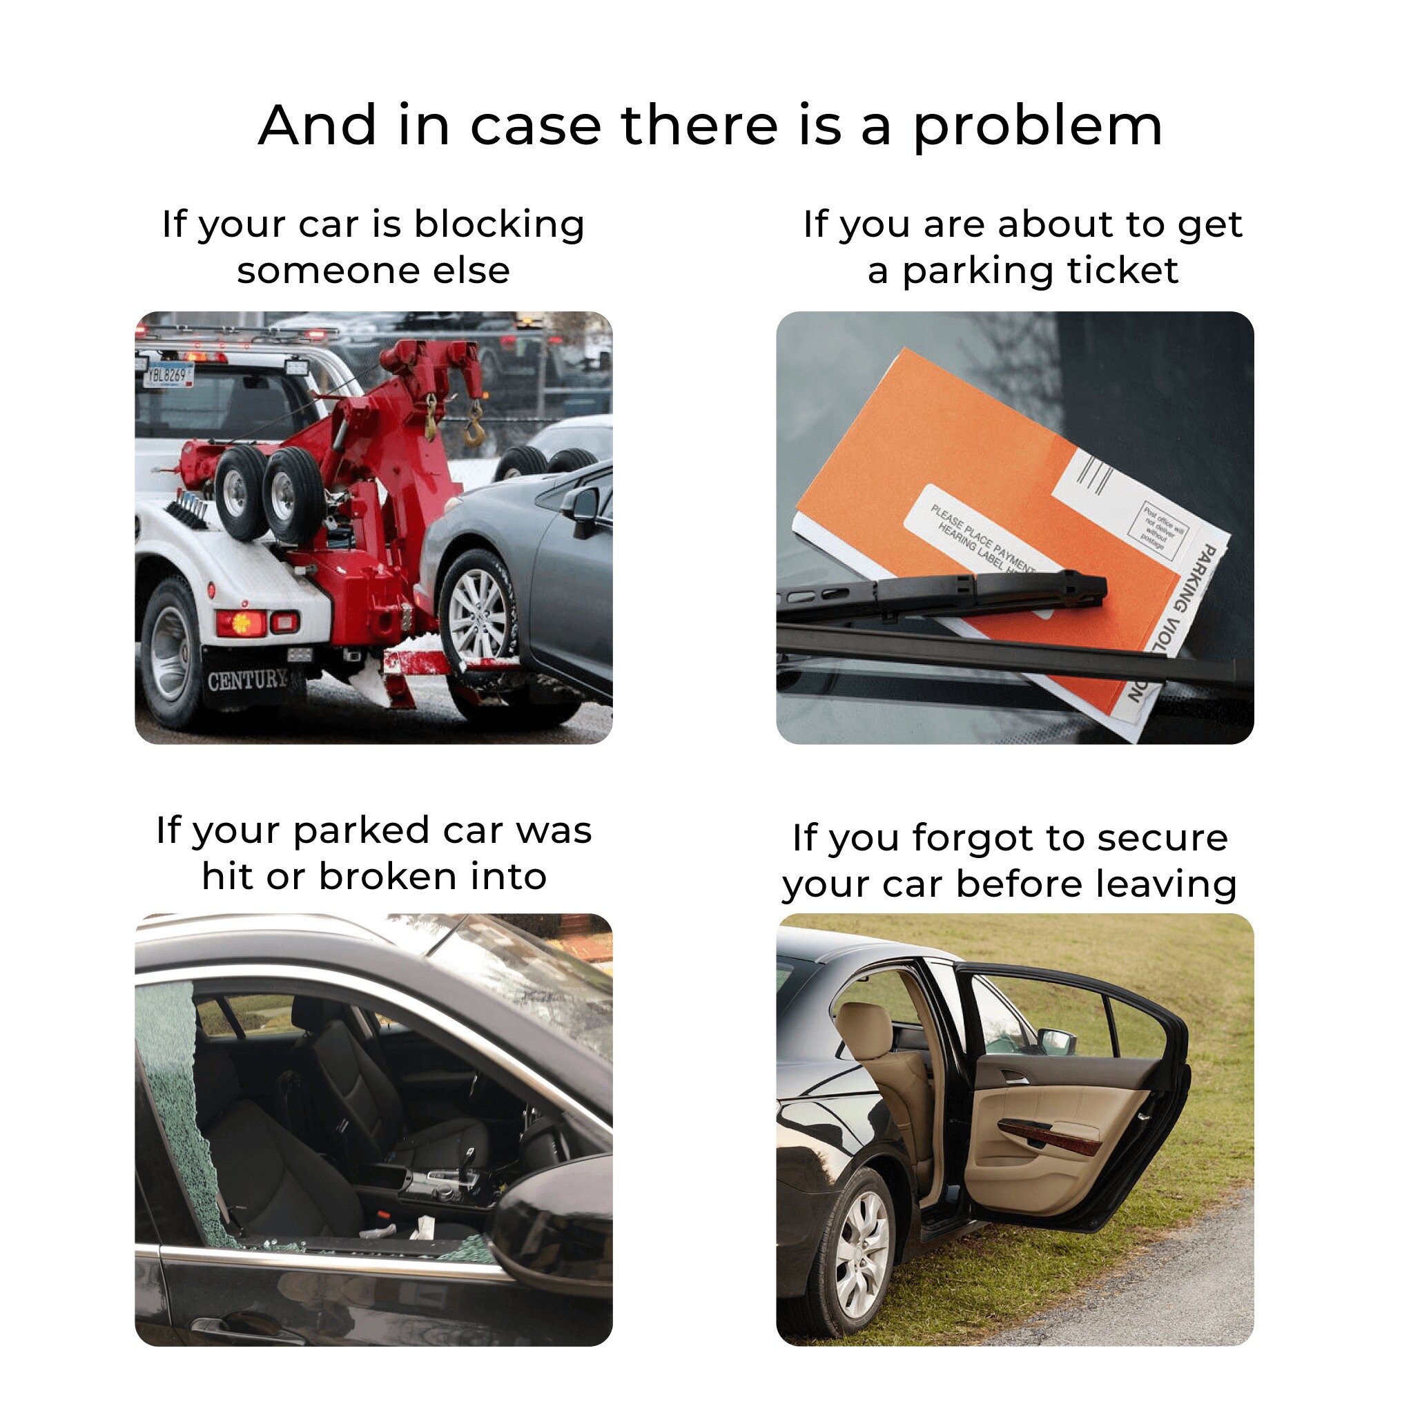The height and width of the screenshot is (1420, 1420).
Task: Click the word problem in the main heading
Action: [x=1037, y=126]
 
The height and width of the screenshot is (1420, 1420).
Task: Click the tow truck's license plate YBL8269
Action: [x=168, y=376]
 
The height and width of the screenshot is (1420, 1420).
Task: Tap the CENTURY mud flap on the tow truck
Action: [x=247, y=681]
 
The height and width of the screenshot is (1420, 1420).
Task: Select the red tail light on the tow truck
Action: [x=241, y=624]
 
